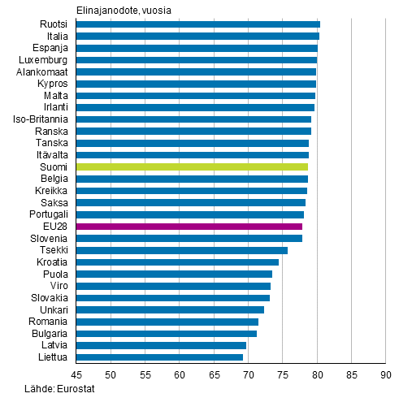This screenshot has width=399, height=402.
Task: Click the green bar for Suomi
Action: point(192,166)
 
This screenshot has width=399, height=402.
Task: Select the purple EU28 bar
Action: point(189,227)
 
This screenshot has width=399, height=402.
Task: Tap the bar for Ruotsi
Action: point(197,24)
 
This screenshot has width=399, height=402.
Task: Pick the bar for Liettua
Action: point(159,357)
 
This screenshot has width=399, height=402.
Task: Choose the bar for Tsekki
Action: point(181,250)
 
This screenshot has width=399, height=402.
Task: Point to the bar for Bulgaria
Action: point(166,333)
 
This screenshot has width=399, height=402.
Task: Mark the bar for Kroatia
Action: point(177,262)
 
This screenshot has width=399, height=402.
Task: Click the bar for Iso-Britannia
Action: point(193,119)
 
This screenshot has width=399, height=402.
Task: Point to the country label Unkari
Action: point(54,309)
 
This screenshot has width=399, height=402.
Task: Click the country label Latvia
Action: point(54,345)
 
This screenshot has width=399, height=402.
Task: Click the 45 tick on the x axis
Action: point(76,374)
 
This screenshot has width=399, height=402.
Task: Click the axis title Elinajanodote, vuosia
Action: point(124,9)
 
